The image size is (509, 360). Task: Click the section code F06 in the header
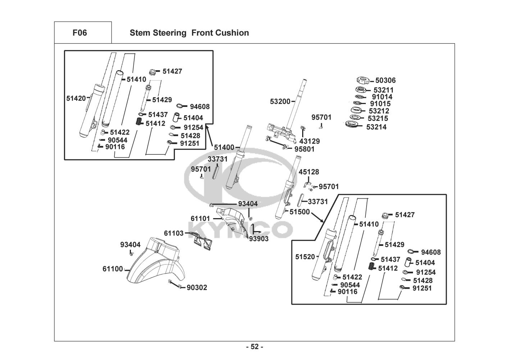(79, 33)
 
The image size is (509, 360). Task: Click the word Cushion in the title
(232, 33)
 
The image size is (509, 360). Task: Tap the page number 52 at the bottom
(255, 347)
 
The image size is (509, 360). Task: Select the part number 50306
(385, 81)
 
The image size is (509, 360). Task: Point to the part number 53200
(280, 102)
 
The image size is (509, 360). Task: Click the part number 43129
(309, 141)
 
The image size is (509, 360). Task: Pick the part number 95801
(304, 149)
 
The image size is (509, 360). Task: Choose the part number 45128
(309, 172)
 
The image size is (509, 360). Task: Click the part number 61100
(113, 269)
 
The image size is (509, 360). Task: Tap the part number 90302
(197, 288)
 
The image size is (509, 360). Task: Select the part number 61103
(174, 233)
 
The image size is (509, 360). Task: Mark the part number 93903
(259, 239)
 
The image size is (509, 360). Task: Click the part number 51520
(305, 257)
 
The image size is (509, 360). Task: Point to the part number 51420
(76, 98)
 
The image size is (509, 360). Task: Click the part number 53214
(376, 127)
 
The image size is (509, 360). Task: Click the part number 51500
(300, 212)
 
